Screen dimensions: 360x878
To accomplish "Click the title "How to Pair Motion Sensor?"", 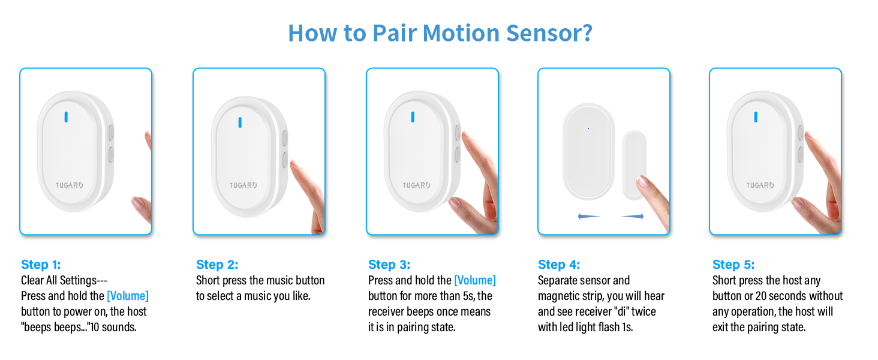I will point(440,32).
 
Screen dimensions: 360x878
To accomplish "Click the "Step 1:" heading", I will point(41,265).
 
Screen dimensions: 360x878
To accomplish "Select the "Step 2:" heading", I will point(217,265).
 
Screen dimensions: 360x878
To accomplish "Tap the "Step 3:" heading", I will point(389,265).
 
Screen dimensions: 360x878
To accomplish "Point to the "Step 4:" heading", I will point(559,265).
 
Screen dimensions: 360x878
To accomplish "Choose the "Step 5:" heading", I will point(733,265).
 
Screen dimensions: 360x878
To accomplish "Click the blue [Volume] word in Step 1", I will point(128,296).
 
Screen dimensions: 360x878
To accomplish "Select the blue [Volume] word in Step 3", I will point(475,280).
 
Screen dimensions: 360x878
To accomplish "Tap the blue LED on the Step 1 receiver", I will point(66,117).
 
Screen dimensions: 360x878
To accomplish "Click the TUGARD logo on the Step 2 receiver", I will point(243,185).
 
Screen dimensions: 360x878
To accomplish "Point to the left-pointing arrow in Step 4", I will point(588,216).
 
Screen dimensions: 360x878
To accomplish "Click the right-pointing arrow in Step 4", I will point(633,216).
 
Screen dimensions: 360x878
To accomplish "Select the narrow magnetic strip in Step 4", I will point(634,165).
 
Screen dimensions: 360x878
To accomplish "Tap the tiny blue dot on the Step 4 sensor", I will point(588,128).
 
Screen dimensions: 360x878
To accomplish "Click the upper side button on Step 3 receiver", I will point(458,133).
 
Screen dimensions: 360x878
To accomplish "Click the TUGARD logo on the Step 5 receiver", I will point(760,185).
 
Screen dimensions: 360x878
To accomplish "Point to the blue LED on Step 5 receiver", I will point(756,117).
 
